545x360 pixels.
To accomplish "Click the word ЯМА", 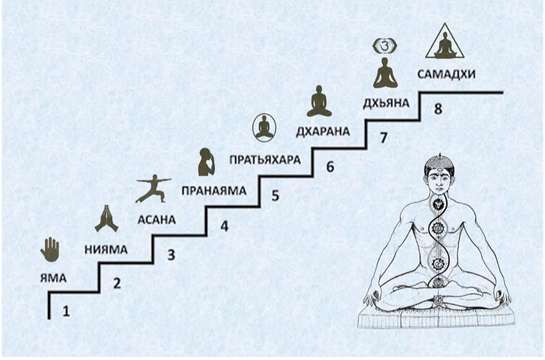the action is pos(53,278).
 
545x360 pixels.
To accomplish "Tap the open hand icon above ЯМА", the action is pos(50,250).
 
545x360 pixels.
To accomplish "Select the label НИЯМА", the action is pos(106,250).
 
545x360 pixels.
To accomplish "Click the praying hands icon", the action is pos(107,218).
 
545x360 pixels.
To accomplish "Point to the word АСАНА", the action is pos(156,220).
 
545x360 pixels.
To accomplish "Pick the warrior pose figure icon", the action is pos(153,188).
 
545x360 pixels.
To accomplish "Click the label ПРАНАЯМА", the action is pos(214,190).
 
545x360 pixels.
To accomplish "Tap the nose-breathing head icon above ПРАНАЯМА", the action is pos(206,161).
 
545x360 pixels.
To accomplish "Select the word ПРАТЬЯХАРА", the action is pos(265,160).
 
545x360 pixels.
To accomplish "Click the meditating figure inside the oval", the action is pos(264,127).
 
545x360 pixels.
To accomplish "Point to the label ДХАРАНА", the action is pos(323,131).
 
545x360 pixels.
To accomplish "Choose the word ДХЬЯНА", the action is pos(386,103).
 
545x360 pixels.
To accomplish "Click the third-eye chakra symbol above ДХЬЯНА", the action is pos(385,45).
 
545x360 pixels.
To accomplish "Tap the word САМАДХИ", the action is pos(446,74).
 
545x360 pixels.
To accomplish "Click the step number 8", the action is pos(438,109).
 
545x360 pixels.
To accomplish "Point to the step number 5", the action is pos(275,196).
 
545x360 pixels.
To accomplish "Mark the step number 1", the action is pos(66,311).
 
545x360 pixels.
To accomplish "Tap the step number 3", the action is pos(171,255).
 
